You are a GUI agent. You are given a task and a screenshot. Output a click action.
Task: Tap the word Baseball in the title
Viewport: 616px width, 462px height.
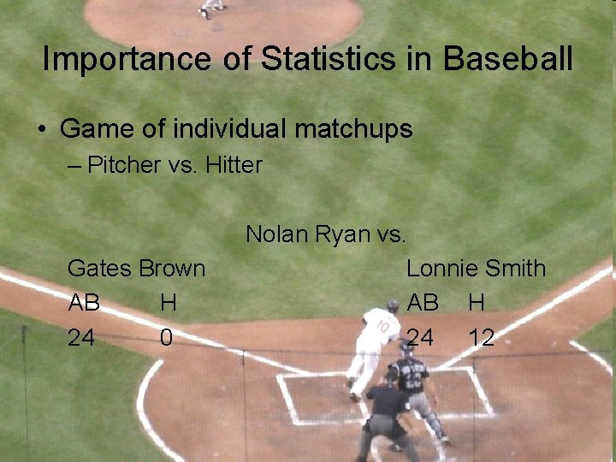[x=508, y=59]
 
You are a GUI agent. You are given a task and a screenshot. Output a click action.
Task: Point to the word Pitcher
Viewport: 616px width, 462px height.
[x=122, y=165]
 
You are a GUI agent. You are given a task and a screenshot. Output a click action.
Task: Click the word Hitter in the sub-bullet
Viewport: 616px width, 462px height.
[x=234, y=165]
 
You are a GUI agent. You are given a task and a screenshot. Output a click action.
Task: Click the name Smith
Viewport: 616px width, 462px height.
[x=514, y=269]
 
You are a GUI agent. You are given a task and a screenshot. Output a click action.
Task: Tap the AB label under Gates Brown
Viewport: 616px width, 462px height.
[x=84, y=303]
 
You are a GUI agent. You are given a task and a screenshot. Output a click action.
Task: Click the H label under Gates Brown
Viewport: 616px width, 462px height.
[x=168, y=303]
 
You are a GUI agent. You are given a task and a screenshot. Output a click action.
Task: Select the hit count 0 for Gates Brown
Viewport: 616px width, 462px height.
[x=166, y=338]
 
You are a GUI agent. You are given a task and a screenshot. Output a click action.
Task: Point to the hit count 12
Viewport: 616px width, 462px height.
[x=481, y=338]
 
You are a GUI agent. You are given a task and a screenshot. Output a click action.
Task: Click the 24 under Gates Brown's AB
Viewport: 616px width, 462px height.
[x=81, y=338]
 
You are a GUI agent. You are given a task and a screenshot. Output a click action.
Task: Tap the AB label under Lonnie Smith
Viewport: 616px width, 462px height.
[x=423, y=303]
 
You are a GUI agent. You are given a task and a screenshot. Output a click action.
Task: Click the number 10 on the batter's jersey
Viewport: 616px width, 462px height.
[x=383, y=328]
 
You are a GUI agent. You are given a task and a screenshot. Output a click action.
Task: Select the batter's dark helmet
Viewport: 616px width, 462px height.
[x=392, y=305]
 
